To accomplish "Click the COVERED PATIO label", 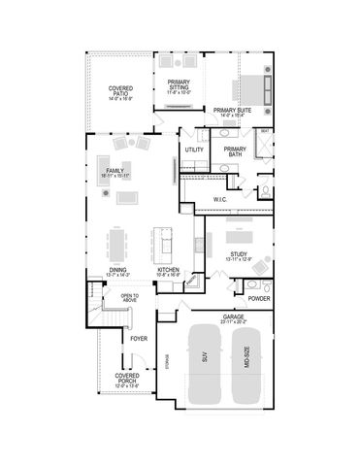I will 120,91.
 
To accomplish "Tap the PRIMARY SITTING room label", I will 178,83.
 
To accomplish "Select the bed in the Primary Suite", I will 259,88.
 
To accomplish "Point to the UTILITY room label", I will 194,150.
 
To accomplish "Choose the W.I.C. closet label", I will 219,199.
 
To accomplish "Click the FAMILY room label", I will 115,171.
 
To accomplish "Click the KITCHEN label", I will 169,271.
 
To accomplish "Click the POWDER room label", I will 258,298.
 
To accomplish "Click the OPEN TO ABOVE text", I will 130,297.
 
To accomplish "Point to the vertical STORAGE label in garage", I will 168,360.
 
